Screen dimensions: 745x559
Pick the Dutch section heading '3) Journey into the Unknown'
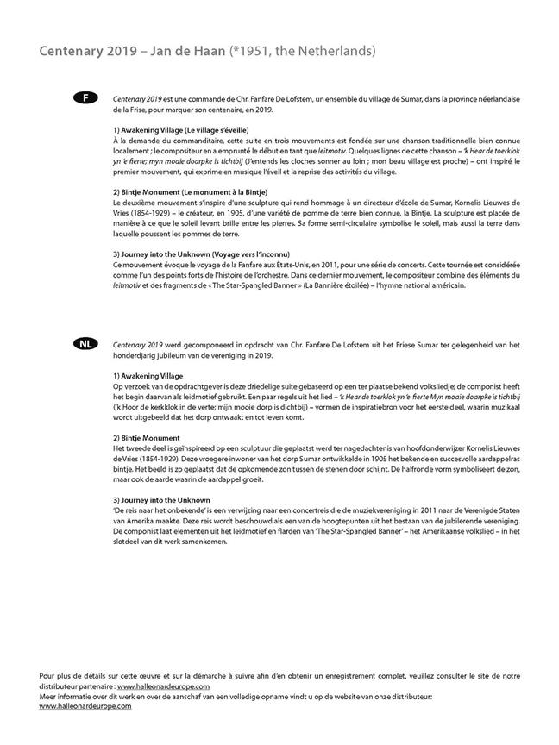tap(161, 500)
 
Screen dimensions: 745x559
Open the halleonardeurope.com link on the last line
tap(85, 705)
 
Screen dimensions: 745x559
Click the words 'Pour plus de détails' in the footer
tap(68, 677)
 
